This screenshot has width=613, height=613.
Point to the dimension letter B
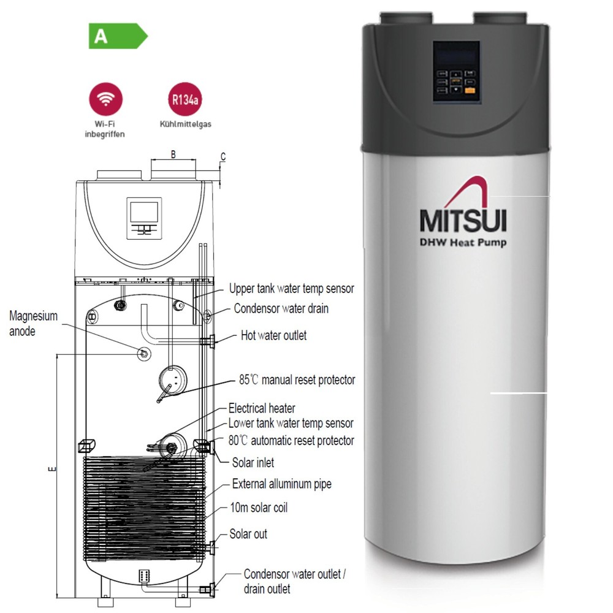tap(173, 154)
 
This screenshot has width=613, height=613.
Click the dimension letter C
tap(223, 157)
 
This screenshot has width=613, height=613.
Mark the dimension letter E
tap(52, 470)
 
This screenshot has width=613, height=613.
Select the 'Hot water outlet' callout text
tap(273, 335)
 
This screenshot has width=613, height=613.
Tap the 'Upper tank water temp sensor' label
tap(291, 288)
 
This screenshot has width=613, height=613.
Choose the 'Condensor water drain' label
tap(281, 308)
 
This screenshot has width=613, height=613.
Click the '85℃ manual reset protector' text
tap(297, 380)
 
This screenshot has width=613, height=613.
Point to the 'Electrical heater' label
tap(262, 408)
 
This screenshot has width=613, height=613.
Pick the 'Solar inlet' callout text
tap(253, 463)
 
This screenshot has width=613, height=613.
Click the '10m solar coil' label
tap(259, 508)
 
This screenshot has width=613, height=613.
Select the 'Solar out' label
tap(248, 534)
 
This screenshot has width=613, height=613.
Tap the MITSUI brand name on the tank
tap(463, 219)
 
